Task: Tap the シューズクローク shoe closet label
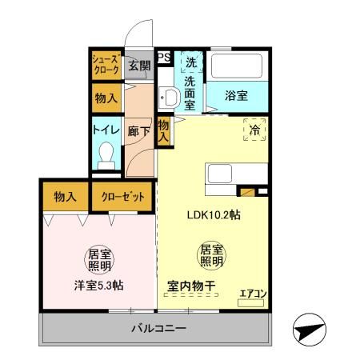(106, 64)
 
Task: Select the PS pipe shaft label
(163, 57)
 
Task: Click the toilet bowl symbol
(105, 155)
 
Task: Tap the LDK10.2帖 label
(214, 215)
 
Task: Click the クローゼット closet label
(122, 196)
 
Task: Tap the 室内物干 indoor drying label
(190, 285)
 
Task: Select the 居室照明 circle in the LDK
(210, 254)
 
